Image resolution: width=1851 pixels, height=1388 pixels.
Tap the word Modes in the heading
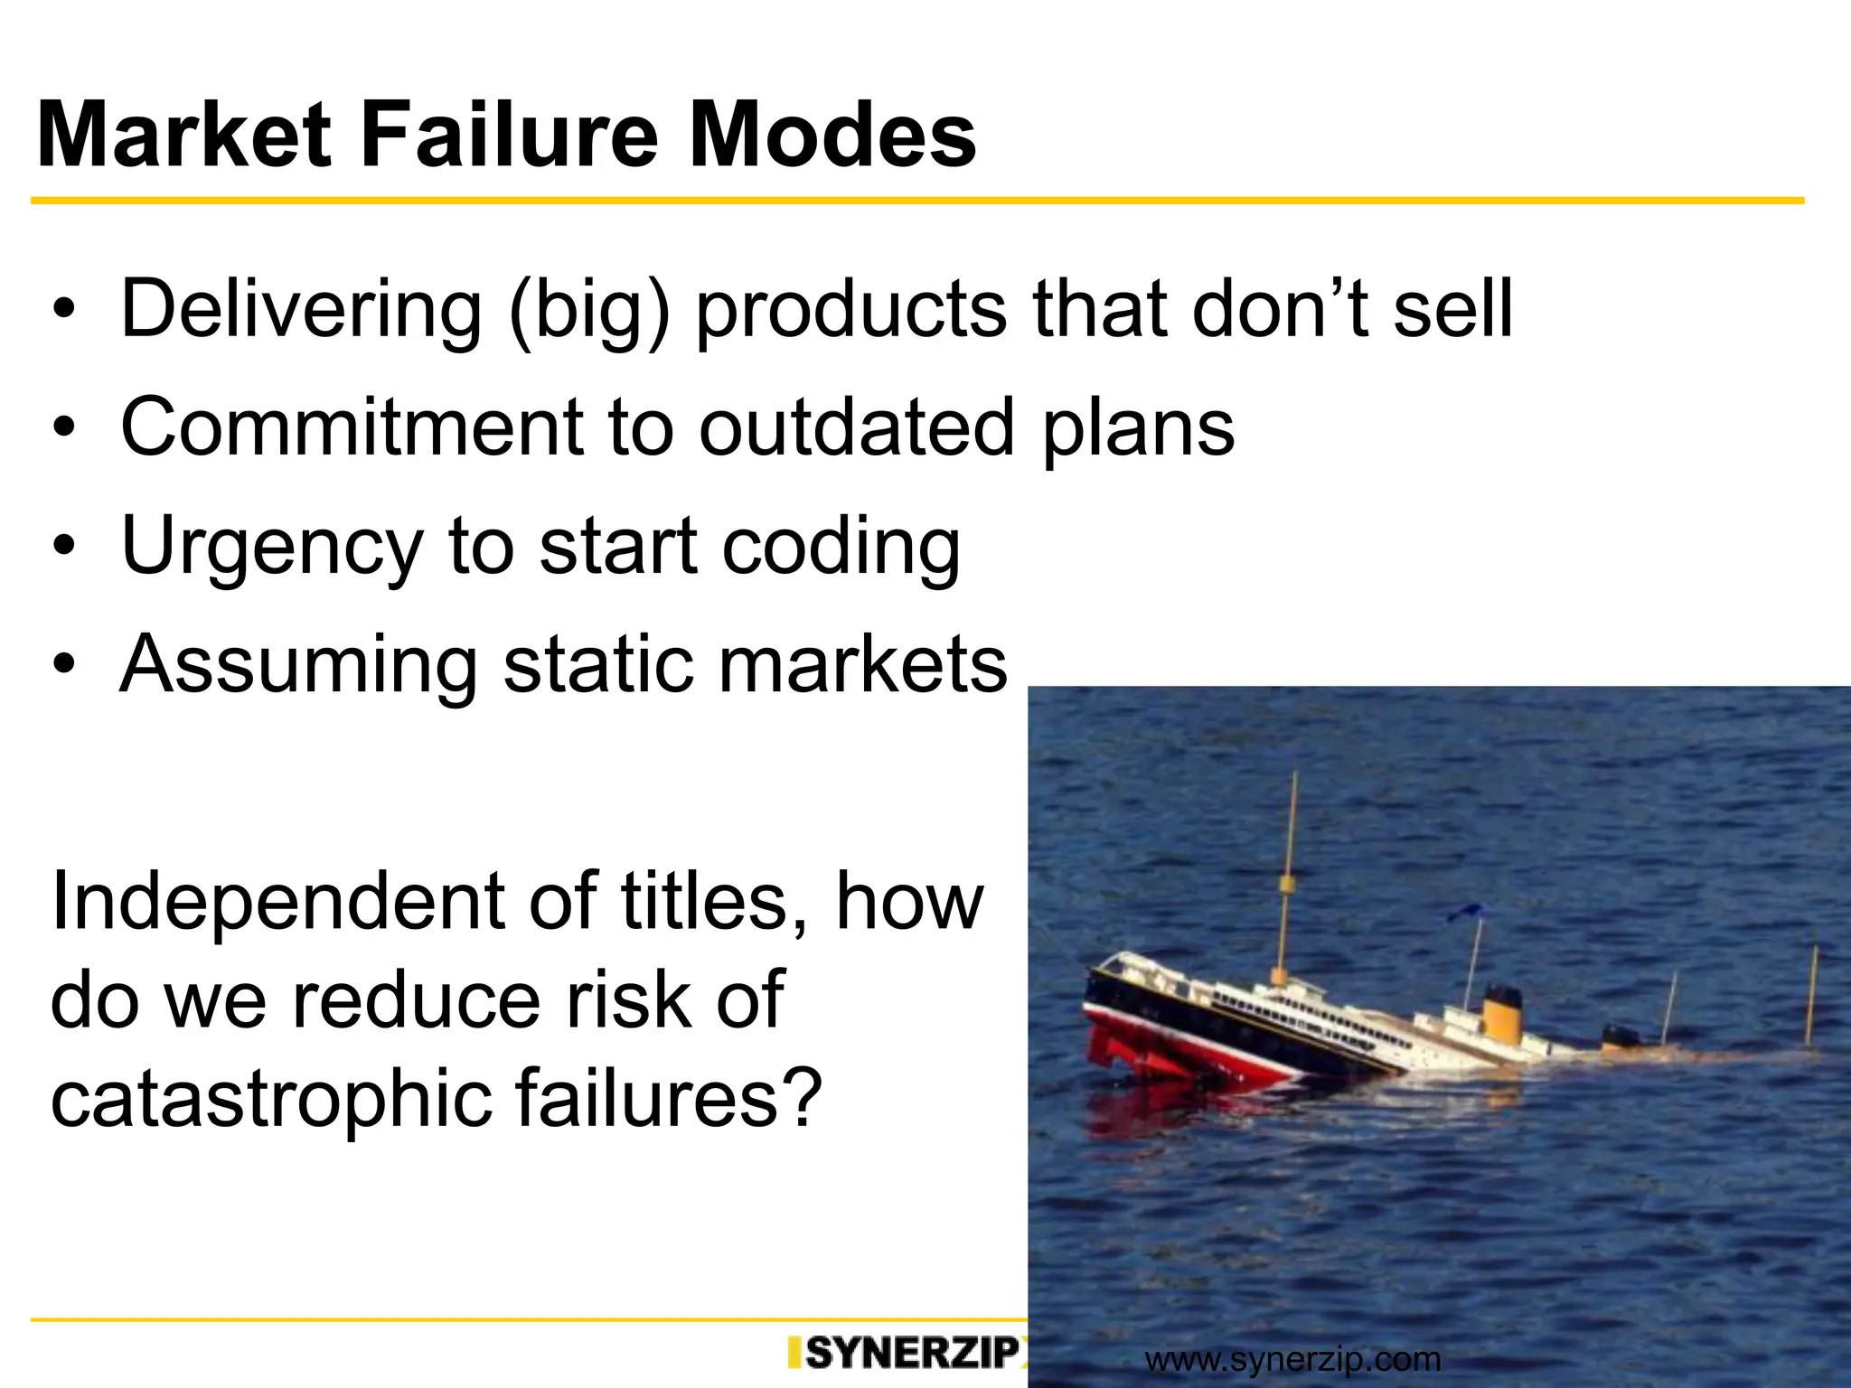coord(832,136)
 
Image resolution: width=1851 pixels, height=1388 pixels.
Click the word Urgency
coord(271,548)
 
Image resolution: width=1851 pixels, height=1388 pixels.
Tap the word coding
coord(841,548)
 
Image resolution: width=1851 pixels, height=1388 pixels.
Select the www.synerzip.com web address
coord(1292,1359)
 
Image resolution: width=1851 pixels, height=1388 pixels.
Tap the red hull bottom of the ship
coord(1175,1053)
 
